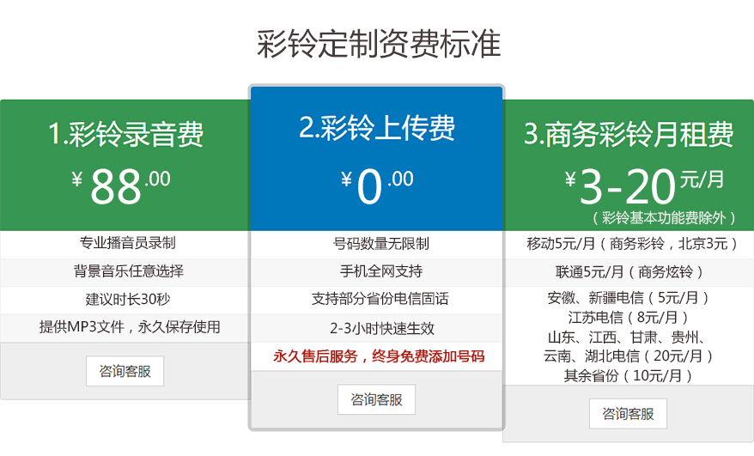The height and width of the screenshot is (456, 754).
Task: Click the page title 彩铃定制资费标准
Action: pos(378,44)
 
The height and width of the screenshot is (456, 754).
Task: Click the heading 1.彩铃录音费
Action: pos(126,135)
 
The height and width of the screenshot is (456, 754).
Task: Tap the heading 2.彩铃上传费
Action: pos(377,128)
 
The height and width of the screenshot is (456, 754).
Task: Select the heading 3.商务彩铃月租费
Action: pos(629,135)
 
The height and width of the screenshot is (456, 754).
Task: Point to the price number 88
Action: pos(116,185)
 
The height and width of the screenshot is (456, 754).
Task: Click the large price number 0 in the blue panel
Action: pos(369,187)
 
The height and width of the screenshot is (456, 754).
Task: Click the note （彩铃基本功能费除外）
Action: pos(665,218)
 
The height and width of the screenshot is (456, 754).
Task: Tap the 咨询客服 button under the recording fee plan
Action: pos(125,371)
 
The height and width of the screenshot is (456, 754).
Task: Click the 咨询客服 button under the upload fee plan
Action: pos(376,399)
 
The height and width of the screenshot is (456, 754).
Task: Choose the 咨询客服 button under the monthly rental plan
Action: pos(628,413)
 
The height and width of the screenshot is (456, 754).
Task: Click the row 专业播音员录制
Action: pos(127,243)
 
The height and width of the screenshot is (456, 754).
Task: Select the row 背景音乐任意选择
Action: pos(128,271)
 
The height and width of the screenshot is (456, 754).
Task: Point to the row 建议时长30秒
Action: pos(128,300)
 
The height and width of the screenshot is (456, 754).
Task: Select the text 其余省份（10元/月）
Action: pos(628,375)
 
